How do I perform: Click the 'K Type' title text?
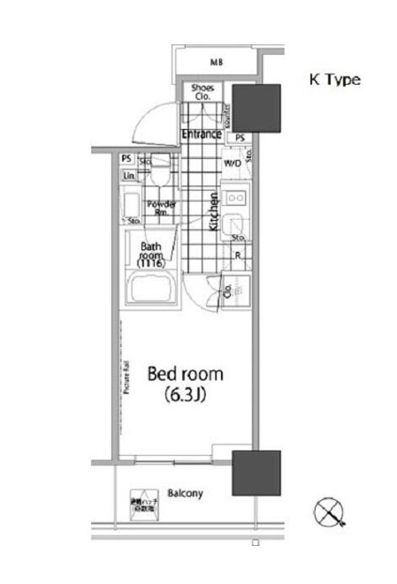point(333,80)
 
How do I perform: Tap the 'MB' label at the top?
point(215,63)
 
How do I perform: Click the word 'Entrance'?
point(201,134)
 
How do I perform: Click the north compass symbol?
point(328,512)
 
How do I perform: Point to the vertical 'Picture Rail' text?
point(127,375)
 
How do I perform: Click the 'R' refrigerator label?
point(237,256)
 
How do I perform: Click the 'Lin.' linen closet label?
point(129,175)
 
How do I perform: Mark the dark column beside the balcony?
point(256,473)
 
